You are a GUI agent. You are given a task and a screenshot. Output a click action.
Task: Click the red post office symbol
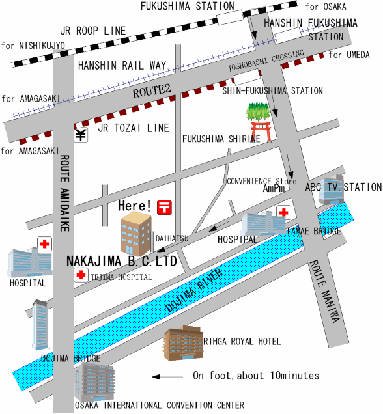[x=164, y=207]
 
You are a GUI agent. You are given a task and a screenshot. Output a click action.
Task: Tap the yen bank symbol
[x=81, y=135]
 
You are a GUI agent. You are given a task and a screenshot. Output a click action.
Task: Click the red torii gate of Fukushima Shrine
[x=261, y=131]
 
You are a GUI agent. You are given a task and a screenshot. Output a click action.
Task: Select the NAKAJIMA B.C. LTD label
[x=122, y=262]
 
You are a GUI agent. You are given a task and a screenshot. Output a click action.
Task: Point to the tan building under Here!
[x=136, y=234]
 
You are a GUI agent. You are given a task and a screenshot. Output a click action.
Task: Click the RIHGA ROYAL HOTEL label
[x=242, y=341]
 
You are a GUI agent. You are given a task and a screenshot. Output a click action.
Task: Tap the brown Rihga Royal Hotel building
[x=183, y=343]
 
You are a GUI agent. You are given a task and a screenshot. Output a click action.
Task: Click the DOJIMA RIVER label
[x=194, y=290]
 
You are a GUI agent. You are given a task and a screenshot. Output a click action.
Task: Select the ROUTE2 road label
[x=151, y=91]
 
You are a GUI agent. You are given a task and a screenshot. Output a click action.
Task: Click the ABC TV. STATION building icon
[x=331, y=189]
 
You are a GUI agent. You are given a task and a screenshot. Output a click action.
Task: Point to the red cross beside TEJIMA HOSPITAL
[x=81, y=275]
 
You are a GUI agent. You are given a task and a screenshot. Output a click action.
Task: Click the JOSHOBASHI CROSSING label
[x=266, y=61]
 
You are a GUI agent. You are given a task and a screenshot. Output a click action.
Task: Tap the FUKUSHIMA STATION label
[x=188, y=6]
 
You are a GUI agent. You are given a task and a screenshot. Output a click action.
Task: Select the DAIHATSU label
[x=172, y=238]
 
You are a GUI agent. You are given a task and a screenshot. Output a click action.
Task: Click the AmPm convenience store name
[x=274, y=188]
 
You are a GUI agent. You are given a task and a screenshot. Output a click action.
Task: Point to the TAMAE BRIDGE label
[x=313, y=231]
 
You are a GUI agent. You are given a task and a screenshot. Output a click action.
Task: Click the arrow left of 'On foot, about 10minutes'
[x=167, y=377]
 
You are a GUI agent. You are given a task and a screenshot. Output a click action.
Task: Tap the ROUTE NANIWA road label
[x=324, y=292]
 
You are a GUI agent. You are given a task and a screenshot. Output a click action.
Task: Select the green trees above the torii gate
[x=258, y=111]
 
